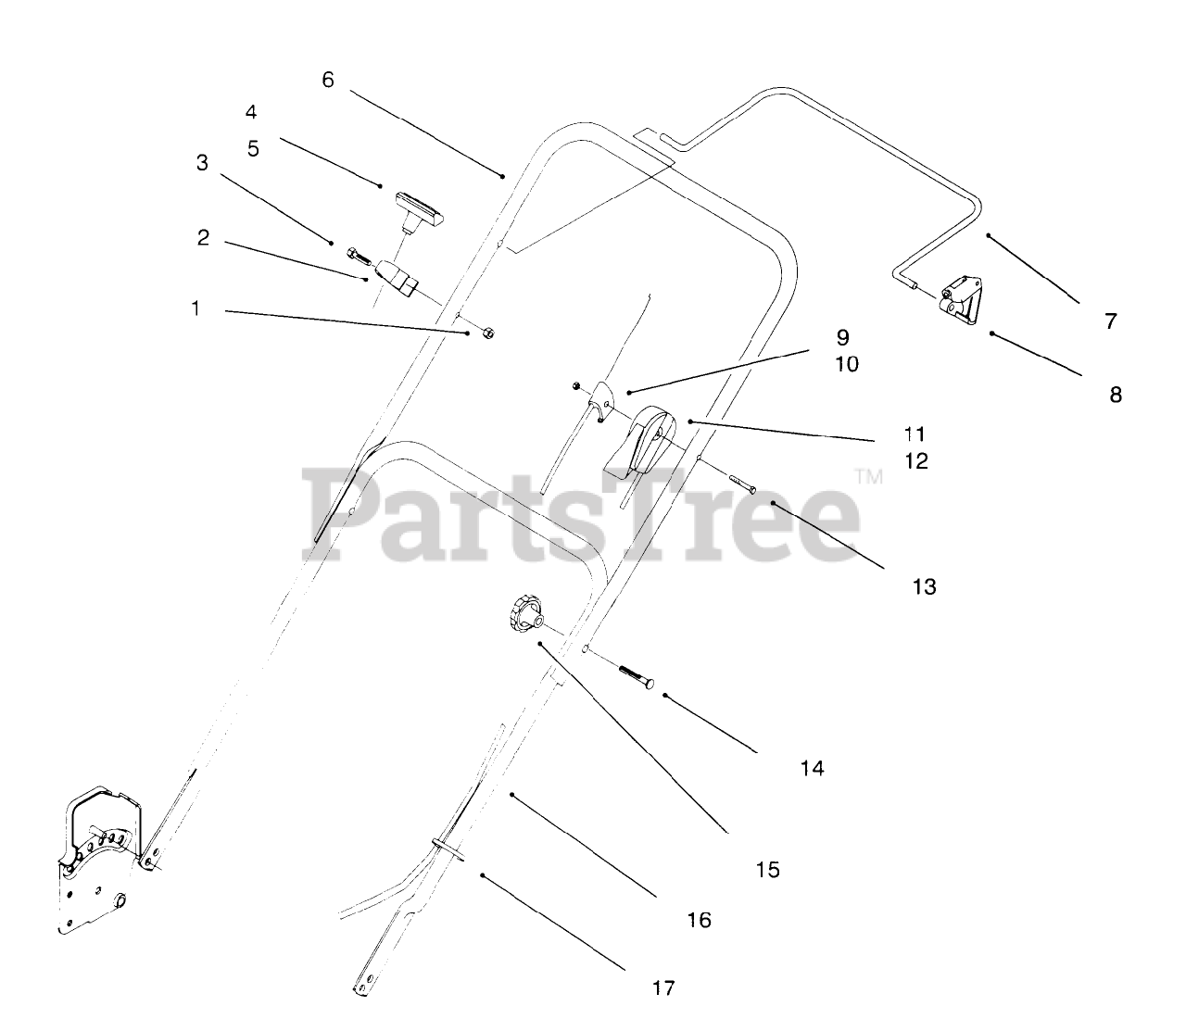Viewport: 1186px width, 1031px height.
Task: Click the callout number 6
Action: click(327, 80)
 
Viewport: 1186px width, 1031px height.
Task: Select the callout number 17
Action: click(663, 987)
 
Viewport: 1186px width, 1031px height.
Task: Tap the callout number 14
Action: click(812, 768)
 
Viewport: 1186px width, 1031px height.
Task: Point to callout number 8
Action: click(1116, 395)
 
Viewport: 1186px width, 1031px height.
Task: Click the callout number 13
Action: click(924, 586)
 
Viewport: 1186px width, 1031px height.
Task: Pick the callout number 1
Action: click(196, 308)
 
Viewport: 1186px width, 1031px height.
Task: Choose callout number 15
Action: click(768, 870)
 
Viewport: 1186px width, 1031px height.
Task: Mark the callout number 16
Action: click(700, 920)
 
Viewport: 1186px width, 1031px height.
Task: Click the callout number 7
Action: click(1110, 321)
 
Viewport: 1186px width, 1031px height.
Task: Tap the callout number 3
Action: click(202, 163)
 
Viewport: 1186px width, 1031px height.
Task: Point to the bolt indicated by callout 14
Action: click(636, 675)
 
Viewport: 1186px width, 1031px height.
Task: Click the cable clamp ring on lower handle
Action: click(447, 845)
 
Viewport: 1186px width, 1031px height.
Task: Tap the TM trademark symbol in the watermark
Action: click(868, 478)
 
